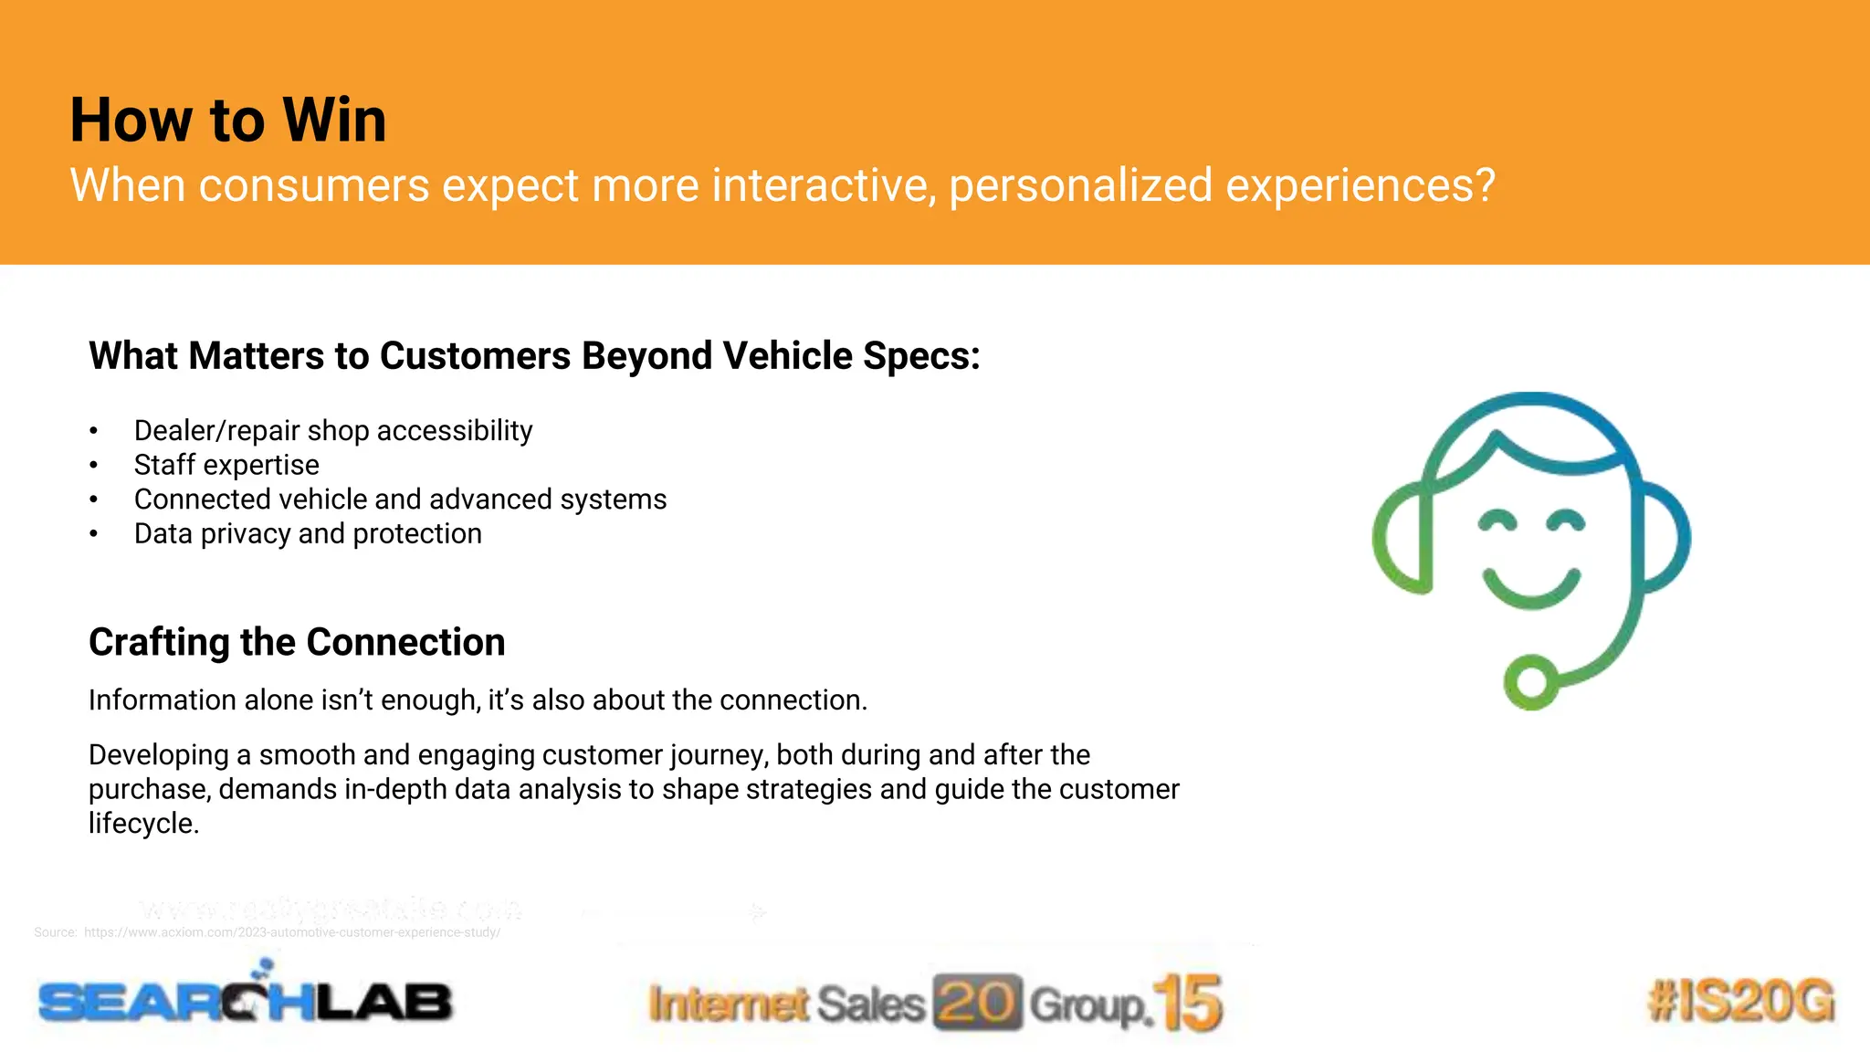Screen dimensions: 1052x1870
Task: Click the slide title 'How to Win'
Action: click(x=228, y=121)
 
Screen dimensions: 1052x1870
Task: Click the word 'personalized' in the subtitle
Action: click(x=1080, y=185)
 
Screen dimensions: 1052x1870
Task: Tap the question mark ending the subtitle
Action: click(x=1484, y=185)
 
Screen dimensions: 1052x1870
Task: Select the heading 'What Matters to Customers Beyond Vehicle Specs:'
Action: click(x=534, y=356)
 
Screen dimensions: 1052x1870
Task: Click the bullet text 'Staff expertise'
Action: click(x=226, y=465)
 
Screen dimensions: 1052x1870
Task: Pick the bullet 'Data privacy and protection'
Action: click(x=308, y=533)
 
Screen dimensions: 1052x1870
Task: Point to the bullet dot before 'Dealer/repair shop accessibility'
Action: click(x=93, y=431)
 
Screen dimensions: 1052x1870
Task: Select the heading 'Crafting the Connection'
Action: click(x=297, y=642)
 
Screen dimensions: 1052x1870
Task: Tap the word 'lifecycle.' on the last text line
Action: click(x=143, y=824)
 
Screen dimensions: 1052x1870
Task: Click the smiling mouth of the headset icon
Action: click(x=1531, y=590)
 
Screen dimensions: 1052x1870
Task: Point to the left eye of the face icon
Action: click(x=1497, y=522)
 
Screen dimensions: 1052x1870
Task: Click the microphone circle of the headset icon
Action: click(x=1531, y=681)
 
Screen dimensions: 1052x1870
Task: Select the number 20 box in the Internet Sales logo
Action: click(x=977, y=1003)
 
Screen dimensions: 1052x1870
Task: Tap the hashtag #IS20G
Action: click(x=1740, y=1000)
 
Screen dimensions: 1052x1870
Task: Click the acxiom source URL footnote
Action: click(x=290, y=932)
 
